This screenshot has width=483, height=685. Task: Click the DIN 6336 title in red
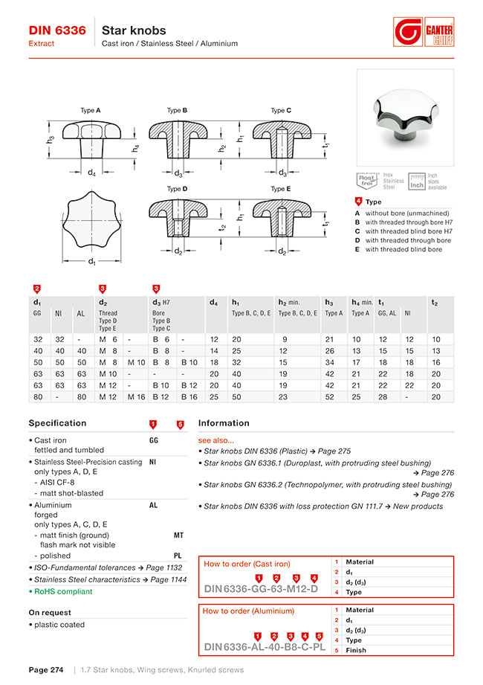56,30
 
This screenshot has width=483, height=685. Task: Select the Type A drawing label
90,110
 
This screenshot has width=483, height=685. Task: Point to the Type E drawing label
280,189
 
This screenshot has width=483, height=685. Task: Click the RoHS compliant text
63,591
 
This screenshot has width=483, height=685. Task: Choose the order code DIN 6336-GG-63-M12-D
261,590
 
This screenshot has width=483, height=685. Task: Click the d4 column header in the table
213,302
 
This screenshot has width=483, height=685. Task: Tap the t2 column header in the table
435,302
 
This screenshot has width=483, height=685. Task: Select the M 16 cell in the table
136,397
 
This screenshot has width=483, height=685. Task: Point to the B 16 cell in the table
189,397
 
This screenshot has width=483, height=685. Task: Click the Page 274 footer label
45,670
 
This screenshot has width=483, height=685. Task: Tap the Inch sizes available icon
417,181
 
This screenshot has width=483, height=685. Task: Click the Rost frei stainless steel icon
367,181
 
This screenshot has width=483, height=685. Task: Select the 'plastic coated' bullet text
59,625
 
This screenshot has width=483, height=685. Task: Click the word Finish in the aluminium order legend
356,650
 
